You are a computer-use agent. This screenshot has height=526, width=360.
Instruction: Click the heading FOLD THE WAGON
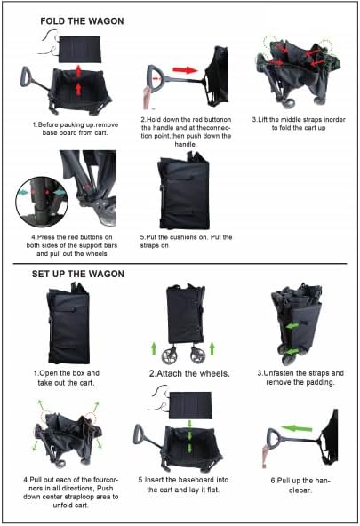[82, 21]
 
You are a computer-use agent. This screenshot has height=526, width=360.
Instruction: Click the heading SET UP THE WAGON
[78, 274]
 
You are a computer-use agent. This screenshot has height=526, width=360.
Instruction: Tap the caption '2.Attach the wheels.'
[189, 373]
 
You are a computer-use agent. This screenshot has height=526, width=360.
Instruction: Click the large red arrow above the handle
[185, 70]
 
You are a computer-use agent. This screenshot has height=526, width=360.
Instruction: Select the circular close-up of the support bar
[42, 202]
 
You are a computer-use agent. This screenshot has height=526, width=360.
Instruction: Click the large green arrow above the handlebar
[296, 428]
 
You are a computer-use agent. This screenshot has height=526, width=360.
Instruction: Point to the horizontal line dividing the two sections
[180, 264]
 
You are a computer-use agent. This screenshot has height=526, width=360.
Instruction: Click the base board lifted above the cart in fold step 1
[80, 50]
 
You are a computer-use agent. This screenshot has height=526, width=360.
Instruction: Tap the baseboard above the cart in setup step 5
[190, 405]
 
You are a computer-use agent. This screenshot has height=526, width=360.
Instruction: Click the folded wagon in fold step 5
[183, 191]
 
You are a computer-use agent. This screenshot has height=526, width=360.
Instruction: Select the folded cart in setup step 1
[69, 323]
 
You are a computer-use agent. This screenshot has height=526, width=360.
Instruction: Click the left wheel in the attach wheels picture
[169, 356]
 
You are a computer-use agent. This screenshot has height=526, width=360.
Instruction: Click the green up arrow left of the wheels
[154, 348]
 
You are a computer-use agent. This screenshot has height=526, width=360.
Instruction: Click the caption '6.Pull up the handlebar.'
[300, 485]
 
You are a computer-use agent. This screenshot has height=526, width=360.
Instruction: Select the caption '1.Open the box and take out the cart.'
[66, 378]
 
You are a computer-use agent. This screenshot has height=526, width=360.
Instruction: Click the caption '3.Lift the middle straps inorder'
[299, 119]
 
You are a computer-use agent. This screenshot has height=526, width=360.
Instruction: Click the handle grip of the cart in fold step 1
[25, 76]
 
